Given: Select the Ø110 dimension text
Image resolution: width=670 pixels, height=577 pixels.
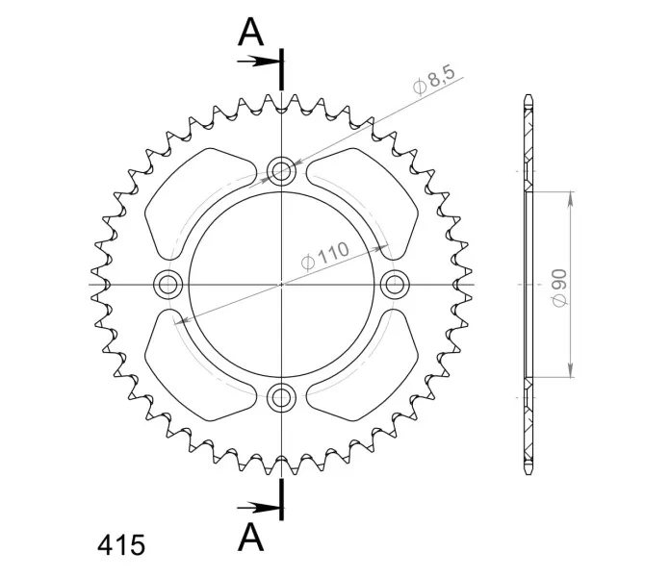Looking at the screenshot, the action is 325,256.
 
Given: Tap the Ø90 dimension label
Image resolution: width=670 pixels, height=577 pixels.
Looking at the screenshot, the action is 559,288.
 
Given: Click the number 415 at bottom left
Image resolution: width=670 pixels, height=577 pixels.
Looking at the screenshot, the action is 121,545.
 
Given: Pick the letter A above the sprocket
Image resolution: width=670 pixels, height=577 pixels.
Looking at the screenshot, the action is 250,33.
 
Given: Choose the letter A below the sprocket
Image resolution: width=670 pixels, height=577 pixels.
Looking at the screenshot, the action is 250,537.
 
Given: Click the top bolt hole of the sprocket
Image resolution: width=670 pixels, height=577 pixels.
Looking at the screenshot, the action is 281,171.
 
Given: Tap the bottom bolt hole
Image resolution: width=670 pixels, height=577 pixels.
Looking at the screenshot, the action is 281,398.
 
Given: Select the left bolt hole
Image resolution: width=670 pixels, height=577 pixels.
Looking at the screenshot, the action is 167,285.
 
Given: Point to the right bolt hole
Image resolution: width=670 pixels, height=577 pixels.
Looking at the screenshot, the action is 395,285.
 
